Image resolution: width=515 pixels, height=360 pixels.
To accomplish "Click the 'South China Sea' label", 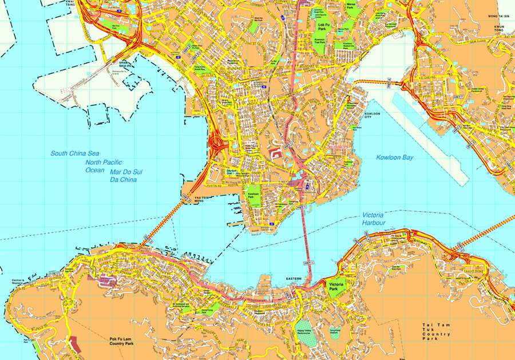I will pos(75,153).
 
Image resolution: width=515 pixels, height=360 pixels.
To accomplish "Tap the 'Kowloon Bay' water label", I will pos(394,157).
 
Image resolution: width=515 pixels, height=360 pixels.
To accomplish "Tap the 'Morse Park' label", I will pos(351,6).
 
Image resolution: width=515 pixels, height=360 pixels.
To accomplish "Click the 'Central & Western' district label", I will pos(20,283).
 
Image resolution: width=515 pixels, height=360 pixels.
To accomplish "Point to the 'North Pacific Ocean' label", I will pos(95,166).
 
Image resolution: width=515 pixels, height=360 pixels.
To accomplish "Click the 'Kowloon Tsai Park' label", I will pos(319,41).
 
